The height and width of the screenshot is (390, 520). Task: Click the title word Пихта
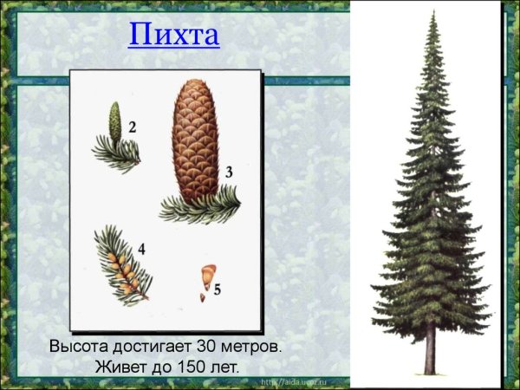coord(173,37)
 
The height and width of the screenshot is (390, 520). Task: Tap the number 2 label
coord(132,127)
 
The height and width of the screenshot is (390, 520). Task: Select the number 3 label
coord(229,172)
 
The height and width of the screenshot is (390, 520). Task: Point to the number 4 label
coord(140,250)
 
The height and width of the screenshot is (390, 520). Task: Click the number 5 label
coord(218,289)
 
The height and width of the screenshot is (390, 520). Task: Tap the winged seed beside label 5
coord(206,276)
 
